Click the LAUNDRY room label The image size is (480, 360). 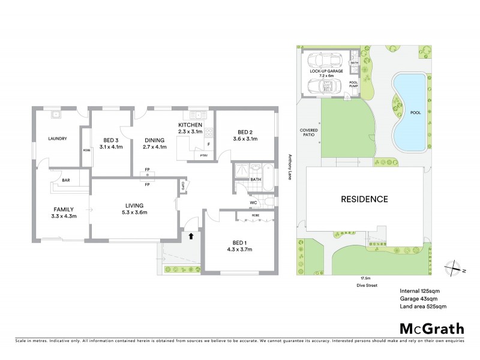pos(57,139)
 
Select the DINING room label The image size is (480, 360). pos(154,139)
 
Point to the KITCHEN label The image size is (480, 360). pos(191,124)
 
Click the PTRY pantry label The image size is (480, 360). pos(204,155)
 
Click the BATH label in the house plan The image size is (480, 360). pos(256,179)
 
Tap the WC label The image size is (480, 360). pos(254,202)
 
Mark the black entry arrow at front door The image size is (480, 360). pos(191,236)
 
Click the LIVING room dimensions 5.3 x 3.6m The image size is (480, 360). pos(134,212)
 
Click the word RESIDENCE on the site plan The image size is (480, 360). pos(365,199)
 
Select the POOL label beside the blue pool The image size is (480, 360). pos(415,112)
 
